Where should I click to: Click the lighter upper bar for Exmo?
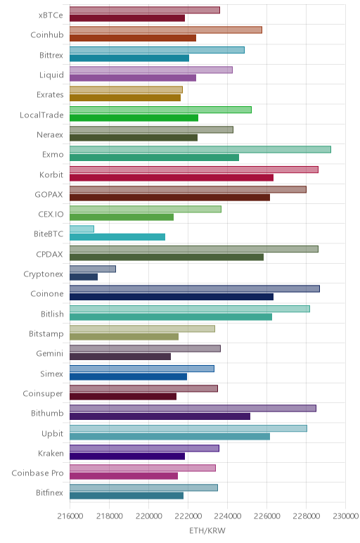pyautogui.click(x=200, y=150)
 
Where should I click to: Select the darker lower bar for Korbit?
pyautogui.click(x=172, y=178)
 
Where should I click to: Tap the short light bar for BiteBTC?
pyautogui.click(x=82, y=229)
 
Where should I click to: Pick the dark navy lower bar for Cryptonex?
pyautogui.click(x=84, y=277)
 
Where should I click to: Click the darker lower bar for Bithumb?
pyautogui.click(x=160, y=416)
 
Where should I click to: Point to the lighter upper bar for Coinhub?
pyautogui.click(x=166, y=30)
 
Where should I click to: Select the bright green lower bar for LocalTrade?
pyautogui.click(x=134, y=117)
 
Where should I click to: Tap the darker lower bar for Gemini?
pyautogui.click(x=120, y=357)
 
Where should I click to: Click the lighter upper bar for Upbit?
pyautogui.click(x=188, y=428)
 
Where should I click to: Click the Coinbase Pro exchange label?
pyautogui.click(x=37, y=473)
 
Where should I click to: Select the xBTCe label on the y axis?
pyautogui.click(x=51, y=15)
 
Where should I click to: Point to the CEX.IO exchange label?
pyautogui.click(x=51, y=215)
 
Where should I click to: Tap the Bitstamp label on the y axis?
pyautogui.click(x=46, y=334)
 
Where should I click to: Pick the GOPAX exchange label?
pyautogui.click(x=49, y=195)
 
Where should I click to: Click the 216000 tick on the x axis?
pyautogui.click(x=70, y=516)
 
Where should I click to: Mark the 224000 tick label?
pyautogui.click(x=228, y=516)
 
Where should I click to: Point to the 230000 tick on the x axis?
pyautogui.click(x=345, y=516)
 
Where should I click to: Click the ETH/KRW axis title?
pyautogui.click(x=207, y=530)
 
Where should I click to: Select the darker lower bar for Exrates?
pyautogui.click(x=125, y=98)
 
